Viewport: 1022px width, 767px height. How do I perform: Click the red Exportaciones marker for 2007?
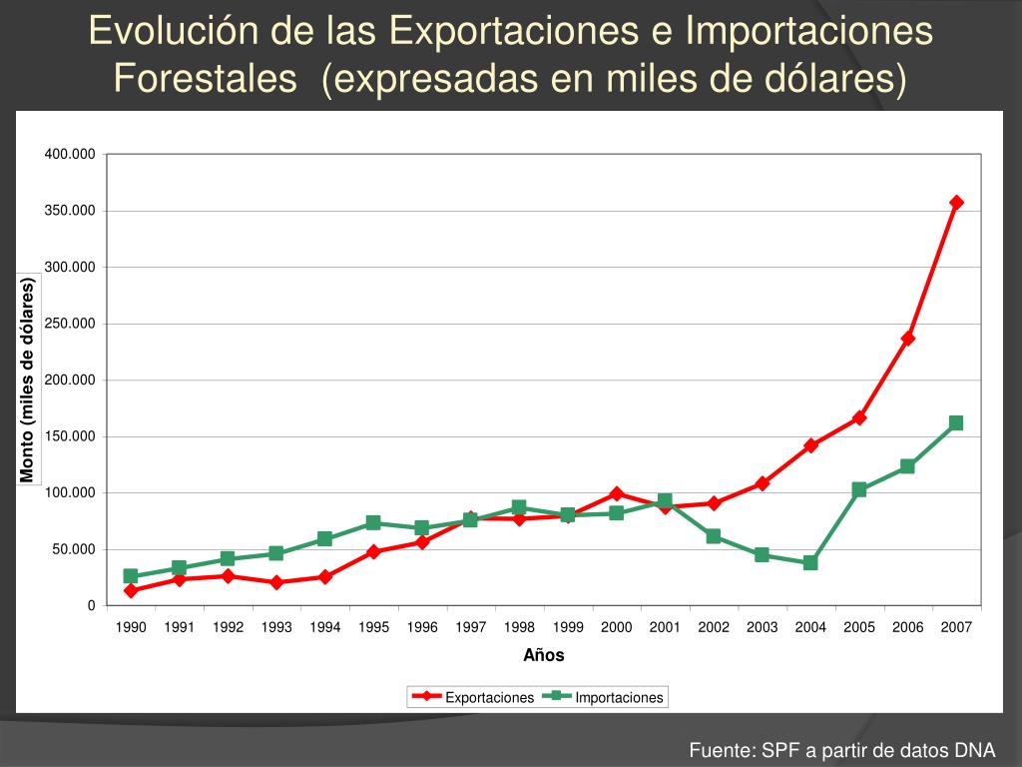pyautogui.click(x=956, y=203)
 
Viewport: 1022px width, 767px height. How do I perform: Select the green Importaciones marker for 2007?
pyautogui.click(x=956, y=423)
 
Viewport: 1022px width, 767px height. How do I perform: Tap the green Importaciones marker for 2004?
pyautogui.click(x=810, y=563)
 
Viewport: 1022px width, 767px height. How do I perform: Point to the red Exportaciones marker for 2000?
pyautogui.click(x=617, y=493)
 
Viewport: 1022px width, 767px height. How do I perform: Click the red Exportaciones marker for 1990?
pyautogui.click(x=131, y=590)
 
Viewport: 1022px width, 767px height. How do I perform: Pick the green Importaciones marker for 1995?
pyautogui.click(x=373, y=523)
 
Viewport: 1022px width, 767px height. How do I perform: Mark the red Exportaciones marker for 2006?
pyautogui.click(x=907, y=339)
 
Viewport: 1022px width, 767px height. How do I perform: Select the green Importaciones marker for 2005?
pyautogui.click(x=859, y=489)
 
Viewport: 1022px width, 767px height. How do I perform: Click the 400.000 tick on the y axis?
pyautogui.click(x=69, y=154)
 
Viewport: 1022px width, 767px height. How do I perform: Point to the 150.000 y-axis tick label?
pyautogui.click(x=69, y=436)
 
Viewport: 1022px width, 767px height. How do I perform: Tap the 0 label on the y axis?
pyautogui.click(x=91, y=606)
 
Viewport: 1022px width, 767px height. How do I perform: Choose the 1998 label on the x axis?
pyautogui.click(x=519, y=627)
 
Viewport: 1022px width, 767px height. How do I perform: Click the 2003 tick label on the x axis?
pyautogui.click(x=762, y=627)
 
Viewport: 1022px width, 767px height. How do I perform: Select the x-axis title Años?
pyautogui.click(x=544, y=656)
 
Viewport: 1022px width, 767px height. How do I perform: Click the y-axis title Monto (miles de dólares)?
pyautogui.click(x=28, y=381)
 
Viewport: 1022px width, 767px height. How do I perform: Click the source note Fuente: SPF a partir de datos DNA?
pyautogui.click(x=842, y=751)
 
